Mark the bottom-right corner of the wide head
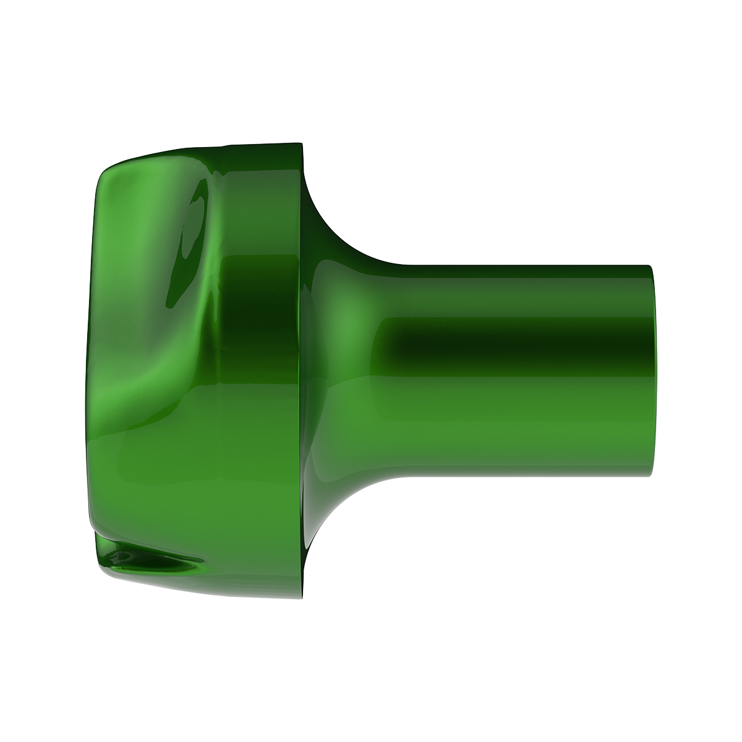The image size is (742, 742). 301,597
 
